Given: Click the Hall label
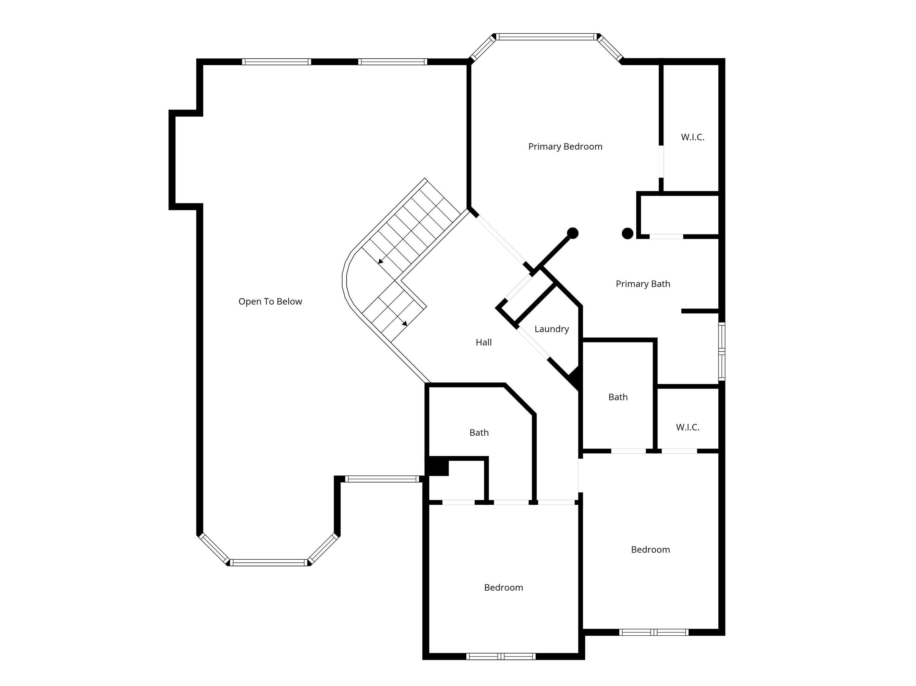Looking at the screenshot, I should tap(483, 342).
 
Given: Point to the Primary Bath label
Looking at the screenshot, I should tap(642, 284).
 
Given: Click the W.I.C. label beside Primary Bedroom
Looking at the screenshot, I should tap(692, 137).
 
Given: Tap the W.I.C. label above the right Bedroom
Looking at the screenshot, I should tap(687, 427).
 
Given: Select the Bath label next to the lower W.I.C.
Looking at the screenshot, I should tap(618, 397).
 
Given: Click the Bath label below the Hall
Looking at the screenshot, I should tap(479, 433).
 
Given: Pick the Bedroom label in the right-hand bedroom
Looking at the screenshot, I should tap(650, 550).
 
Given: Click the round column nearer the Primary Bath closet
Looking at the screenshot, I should tap(627, 233).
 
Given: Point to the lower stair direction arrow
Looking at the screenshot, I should tap(405, 323).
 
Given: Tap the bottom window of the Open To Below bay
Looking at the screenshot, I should tap(269, 562).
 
